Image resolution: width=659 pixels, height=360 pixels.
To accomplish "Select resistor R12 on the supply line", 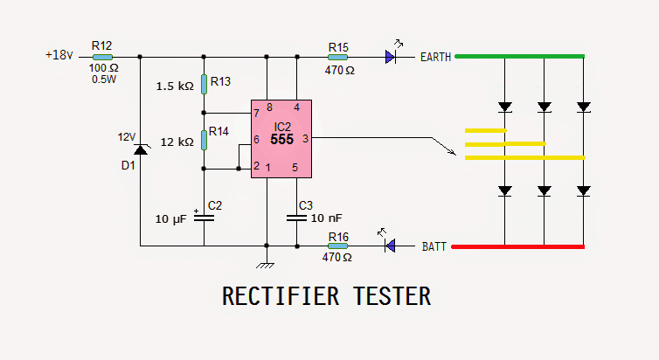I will click(x=101, y=57).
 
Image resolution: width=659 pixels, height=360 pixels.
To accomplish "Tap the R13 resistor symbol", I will click(x=204, y=84).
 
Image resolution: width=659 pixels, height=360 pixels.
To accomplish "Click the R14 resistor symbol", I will click(x=204, y=140).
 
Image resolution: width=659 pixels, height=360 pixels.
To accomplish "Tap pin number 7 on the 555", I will click(x=256, y=114).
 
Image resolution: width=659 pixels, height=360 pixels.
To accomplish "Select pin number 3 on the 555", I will click(x=305, y=138).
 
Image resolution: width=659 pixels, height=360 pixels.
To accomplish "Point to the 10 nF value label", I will click(x=325, y=218).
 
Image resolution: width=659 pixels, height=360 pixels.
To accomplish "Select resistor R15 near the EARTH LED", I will click(x=337, y=57).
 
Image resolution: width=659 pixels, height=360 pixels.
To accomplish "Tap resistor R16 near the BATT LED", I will click(x=337, y=246).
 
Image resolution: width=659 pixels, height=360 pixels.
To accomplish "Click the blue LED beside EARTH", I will click(x=391, y=57).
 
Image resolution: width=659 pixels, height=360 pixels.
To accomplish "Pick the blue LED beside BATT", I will click(x=391, y=246).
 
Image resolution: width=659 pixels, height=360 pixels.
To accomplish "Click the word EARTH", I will click(x=435, y=58).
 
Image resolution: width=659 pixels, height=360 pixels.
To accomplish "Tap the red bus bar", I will click(x=517, y=246).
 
